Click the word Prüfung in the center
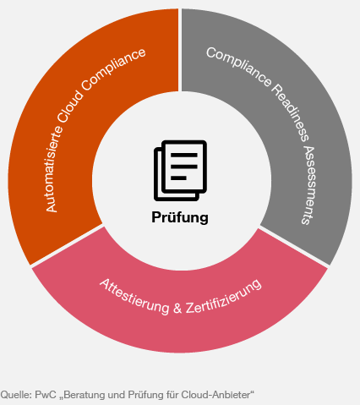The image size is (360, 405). click(x=180, y=217)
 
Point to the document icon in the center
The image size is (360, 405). click(x=180, y=171)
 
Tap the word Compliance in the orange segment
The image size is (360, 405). click(x=113, y=69)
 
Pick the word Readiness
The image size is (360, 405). click(x=290, y=112)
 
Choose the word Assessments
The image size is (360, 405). click(x=309, y=184)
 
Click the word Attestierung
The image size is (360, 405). click(x=134, y=297)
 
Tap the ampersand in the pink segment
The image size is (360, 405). click(x=177, y=308)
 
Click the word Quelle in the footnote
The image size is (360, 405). click(x=16, y=395)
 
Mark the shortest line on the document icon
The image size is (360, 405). click(x=178, y=178)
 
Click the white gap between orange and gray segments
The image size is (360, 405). click(x=180, y=50)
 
